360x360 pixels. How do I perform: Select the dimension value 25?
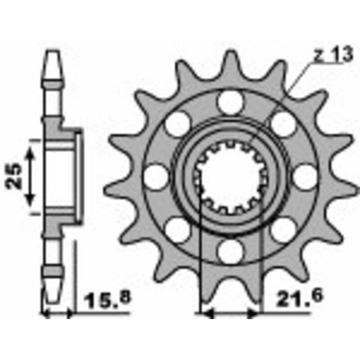14,176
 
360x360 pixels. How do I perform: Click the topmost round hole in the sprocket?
230,102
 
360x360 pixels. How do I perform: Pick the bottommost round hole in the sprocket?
230,251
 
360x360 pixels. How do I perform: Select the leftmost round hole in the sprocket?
156,176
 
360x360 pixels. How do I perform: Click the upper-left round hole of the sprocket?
177,124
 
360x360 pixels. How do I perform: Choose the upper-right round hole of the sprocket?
283,124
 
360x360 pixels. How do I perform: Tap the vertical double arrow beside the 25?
30,176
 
